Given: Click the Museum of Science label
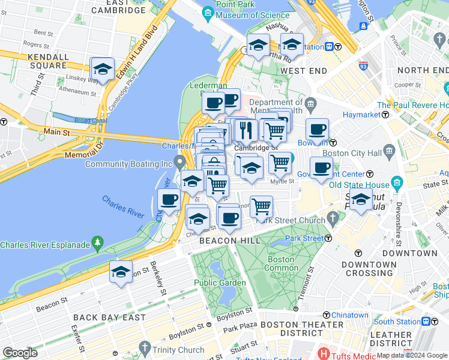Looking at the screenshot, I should point(246,14).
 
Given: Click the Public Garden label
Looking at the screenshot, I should point(220,283).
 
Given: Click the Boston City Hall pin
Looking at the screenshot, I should point(389,149).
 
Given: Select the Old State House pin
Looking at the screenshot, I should point(397,182).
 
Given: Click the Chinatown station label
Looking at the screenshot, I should point(349,315).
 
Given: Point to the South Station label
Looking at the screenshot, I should point(397,322).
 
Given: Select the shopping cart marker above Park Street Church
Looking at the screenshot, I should point(261,206).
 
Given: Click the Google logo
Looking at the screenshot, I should point(20,352).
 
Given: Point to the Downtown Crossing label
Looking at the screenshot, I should point(369,269).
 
